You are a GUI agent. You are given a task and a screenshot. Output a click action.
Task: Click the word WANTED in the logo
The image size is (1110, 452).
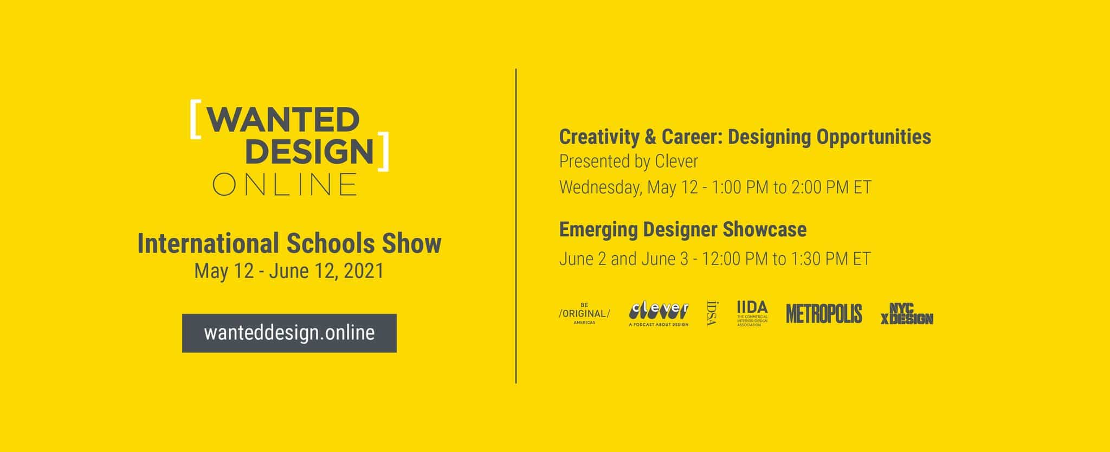click(283, 119)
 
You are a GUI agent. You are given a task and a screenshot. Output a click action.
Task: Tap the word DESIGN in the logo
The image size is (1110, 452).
click(309, 151)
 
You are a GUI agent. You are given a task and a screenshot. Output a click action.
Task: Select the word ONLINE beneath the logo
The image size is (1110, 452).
click(285, 184)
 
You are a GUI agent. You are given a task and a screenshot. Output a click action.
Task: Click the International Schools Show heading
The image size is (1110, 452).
click(289, 243)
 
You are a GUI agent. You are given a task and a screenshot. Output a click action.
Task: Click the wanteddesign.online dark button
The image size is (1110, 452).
click(289, 333)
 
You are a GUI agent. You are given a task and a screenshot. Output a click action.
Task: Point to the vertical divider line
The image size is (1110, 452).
click(516, 226)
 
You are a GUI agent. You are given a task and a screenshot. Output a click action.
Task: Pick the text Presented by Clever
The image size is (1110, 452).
click(629, 162)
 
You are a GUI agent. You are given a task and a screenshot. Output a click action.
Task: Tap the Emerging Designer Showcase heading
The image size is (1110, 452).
click(683, 229)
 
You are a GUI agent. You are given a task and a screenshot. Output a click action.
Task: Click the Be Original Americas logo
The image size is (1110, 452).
click(584, 314)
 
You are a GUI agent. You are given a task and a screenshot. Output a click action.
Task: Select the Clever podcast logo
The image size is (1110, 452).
click(659, 314)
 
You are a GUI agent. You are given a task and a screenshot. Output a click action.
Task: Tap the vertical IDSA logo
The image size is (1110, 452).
click(712, 313)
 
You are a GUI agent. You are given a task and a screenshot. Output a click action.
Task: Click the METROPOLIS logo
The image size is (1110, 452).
click(824, 314)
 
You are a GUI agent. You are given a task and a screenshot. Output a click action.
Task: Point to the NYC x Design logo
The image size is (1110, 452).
click(907, 314)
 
